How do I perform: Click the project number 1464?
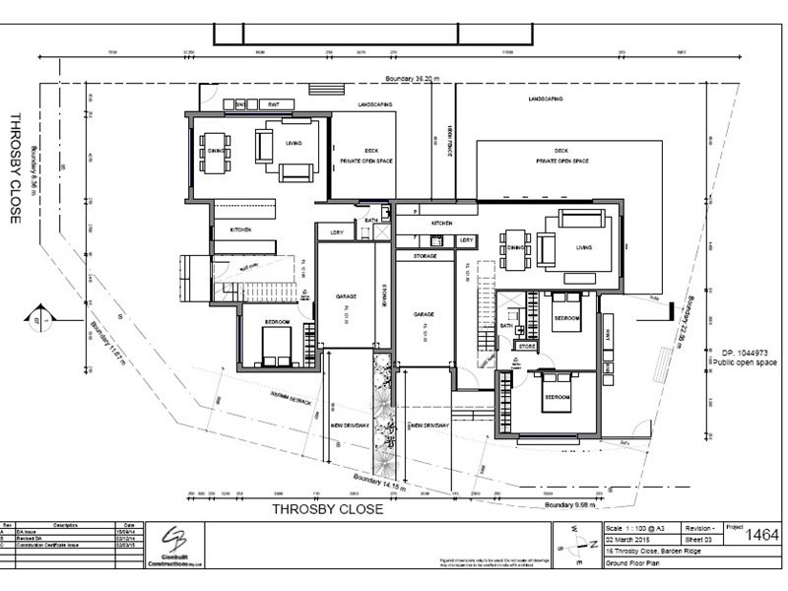[761, 535]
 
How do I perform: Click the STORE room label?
[527, 347]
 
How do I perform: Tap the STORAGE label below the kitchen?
[425, 255]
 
